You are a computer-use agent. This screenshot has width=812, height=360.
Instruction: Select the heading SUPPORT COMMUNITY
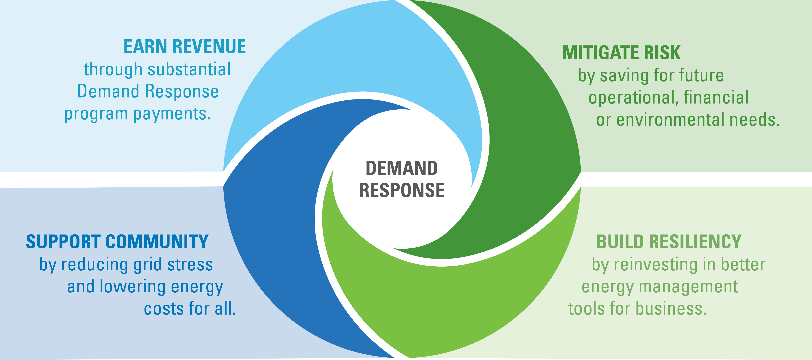point(117,242)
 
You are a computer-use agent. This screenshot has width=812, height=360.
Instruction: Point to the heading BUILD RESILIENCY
point(669,242)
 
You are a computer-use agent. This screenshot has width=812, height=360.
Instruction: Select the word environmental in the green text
point(670,120)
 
